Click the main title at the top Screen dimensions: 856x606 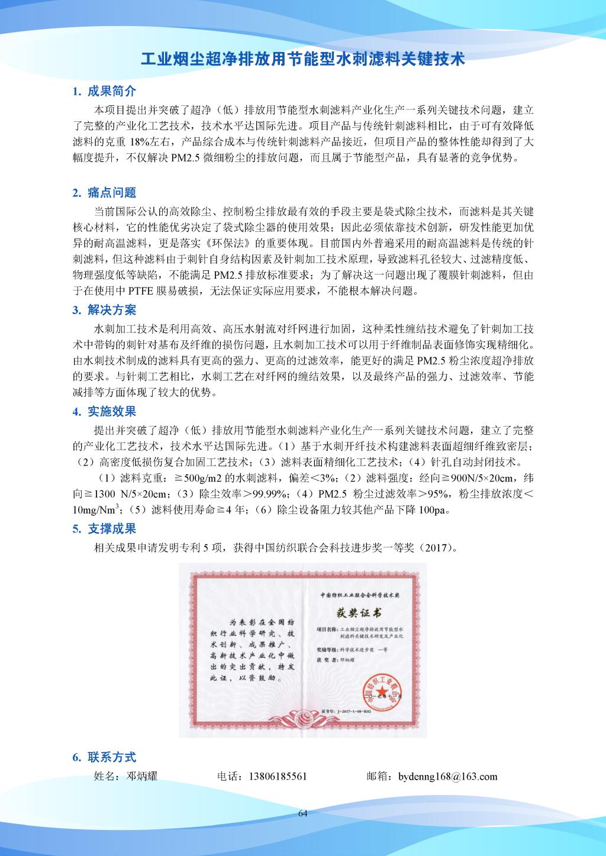[302, 59]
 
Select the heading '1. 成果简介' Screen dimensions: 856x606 [104, 91]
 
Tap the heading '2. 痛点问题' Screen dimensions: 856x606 [104, 192]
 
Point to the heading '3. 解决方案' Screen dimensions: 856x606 [104, 310]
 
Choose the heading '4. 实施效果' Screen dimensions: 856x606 [104, 411]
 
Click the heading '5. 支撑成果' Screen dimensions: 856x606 [104, 528]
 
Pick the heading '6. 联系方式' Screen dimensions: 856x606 [104, 757]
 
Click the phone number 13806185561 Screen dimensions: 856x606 [278, 776]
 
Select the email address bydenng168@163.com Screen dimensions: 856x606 [448, 776]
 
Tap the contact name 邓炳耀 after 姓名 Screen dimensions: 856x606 [142, 776]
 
